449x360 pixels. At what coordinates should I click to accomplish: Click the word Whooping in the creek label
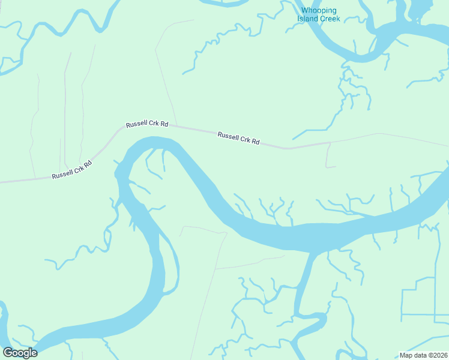[319, 11]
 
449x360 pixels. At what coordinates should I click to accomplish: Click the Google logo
[20, 353]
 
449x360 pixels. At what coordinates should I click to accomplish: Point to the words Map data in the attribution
[414, 355]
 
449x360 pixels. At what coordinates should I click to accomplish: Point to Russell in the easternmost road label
[228, 136]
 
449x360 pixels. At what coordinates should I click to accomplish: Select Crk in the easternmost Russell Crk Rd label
[246, 140]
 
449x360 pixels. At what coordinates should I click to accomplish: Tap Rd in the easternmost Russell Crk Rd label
[256, 142]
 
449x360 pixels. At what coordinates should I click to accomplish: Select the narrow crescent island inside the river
[170, 264]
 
